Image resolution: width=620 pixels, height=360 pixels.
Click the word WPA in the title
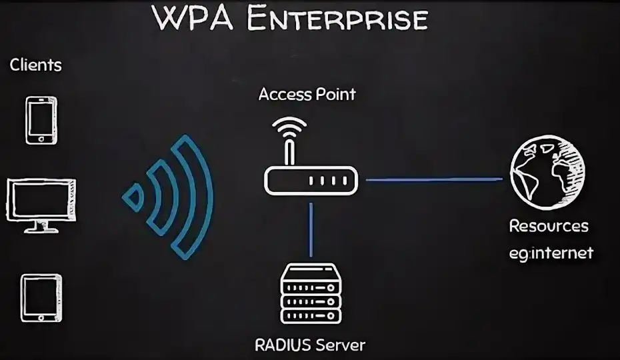click(194, 18)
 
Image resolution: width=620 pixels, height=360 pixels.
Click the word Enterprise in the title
click(336, 18)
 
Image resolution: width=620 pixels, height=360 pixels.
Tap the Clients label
click(35, 65)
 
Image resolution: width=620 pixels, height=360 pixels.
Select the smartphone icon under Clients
click(41, 120)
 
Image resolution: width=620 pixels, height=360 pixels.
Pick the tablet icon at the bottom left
click(41, 298)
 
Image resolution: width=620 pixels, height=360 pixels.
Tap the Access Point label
click(307, 94)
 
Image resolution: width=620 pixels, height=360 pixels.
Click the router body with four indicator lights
click(311, 181)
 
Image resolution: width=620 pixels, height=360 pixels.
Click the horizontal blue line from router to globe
click(433, 179)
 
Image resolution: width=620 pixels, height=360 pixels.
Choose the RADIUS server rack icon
click(311, 293)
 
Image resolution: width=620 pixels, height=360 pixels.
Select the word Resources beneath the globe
click(549, 226)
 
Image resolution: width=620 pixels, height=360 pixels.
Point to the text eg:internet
click(551, 253)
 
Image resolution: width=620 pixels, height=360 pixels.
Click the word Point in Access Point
click(335, 94)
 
